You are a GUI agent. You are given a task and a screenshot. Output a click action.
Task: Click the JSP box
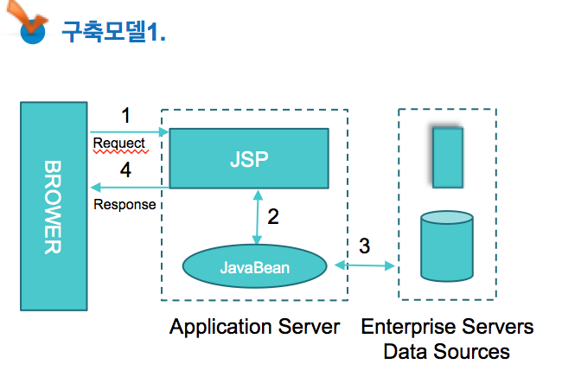pos(249,158)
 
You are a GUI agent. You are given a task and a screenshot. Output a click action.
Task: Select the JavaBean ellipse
pos(254,266)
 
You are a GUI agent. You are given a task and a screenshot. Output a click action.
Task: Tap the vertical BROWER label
pos(53,208)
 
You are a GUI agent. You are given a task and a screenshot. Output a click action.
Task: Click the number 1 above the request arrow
pos(126,115)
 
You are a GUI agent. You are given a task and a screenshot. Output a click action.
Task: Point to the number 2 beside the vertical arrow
pos(273,216)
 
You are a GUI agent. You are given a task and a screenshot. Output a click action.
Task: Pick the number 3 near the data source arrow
pos(365,246)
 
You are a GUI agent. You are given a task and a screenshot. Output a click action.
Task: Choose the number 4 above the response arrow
pos(125,169)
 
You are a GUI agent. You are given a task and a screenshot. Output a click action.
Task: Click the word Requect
pos(119,144)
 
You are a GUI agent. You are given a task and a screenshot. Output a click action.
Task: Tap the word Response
pos(125,205)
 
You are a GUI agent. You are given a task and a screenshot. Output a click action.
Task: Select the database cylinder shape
pos(447,246)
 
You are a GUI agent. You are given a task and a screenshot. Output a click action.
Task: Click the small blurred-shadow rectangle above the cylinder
pos(448,157)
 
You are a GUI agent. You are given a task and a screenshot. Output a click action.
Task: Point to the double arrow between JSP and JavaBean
pos(258,217)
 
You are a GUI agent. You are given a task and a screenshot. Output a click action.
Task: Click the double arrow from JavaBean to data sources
pos(365,265)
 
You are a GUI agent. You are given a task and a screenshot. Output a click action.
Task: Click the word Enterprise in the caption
pos(408,328)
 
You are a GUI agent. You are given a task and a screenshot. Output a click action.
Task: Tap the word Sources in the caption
pos(472,352)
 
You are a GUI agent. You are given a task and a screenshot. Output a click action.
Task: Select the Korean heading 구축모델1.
pos(113,31)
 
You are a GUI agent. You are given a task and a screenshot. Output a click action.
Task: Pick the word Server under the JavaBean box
pos(309,327)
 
